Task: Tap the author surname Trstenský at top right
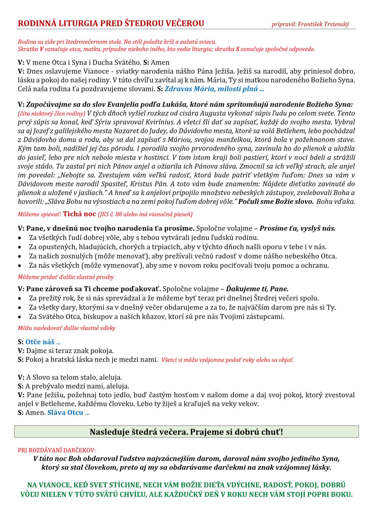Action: pos(336,24)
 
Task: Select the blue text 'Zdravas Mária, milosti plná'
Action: pos(214,89)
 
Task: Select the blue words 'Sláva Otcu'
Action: pos(65,412)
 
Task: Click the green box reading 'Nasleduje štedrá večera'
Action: pos(186,432)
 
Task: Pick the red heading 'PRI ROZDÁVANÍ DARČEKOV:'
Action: pos(57,450)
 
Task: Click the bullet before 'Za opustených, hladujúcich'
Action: pos(20,247)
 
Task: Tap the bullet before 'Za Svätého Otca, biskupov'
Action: pos(20,317)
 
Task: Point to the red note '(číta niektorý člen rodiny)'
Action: pos(51,114)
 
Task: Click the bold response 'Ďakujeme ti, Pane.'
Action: pos(257,289)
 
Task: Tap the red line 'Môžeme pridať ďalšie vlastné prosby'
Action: pos(66,277)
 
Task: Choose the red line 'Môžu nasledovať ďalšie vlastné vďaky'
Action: pos(67,328)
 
